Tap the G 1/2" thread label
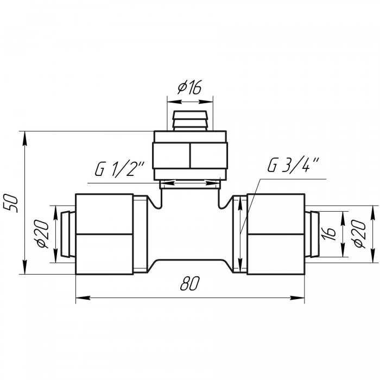(x=119, y=169)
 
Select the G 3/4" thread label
(x=293, y=164)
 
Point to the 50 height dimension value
(x=12, y=203)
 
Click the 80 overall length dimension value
(x=190, y=283)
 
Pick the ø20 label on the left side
(x=43, y=233)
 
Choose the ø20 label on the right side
(x=359, y=233)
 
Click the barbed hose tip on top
(x=190, y=121)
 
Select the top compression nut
(x=190, y=156)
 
